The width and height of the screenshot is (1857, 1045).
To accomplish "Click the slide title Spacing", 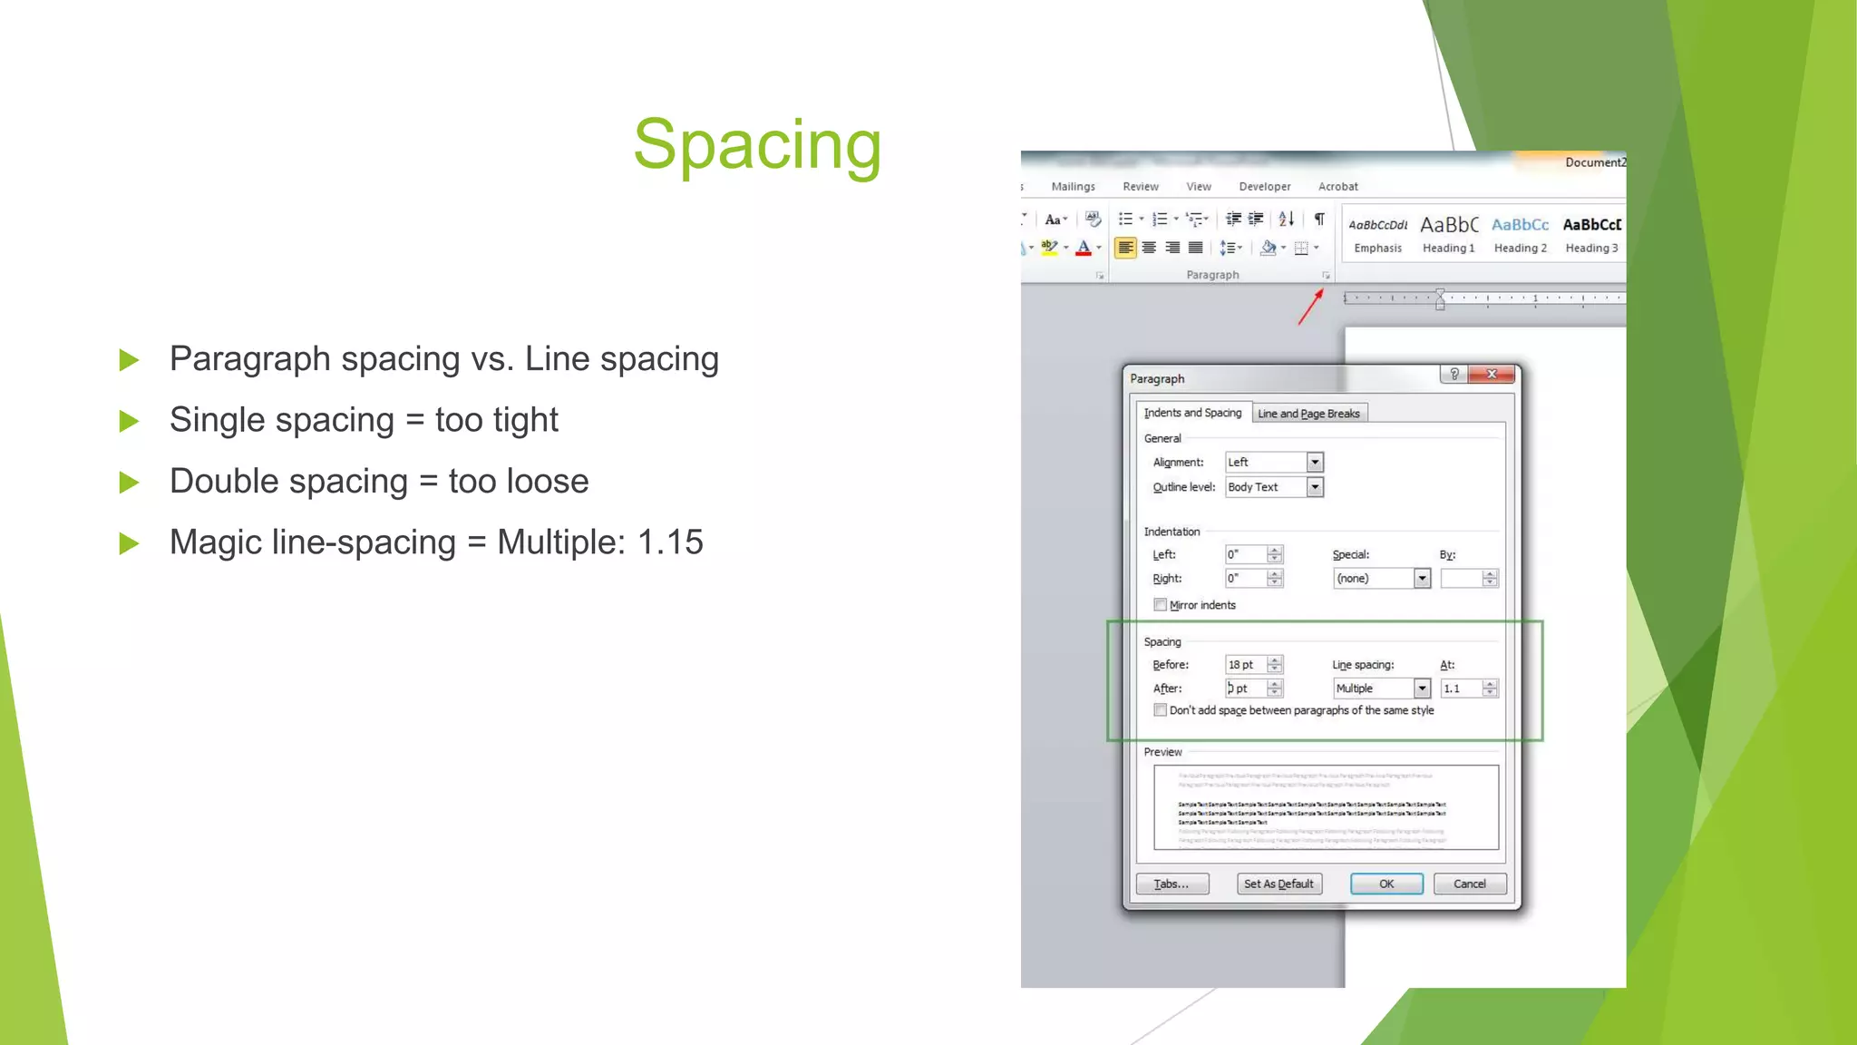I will tap(757, 145).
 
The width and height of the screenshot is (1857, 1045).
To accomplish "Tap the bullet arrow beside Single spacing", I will tap(130, 421).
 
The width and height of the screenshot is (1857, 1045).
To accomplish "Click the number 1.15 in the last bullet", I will tap(670, 542).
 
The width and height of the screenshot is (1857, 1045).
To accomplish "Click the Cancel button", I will tap(1469, 884).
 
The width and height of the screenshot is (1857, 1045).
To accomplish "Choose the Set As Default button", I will tap(1279, 884).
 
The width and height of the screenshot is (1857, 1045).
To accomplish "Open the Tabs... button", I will tap(1172, 884).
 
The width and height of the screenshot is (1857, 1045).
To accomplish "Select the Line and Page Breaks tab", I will tap(1308, 414).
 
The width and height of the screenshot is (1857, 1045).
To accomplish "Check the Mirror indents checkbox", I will tap(1160, 605).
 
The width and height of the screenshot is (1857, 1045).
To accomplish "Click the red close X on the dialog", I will tap(1492, 375).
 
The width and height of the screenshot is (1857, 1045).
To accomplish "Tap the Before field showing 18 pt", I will tap(1245, 665).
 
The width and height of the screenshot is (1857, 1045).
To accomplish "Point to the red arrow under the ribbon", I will tap(1310, 307).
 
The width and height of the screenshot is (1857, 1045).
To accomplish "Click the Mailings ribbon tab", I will tap(1073, 187).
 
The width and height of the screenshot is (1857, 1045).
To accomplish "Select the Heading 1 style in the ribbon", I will tap(1448, 234).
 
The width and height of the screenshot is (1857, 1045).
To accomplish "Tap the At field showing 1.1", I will tap(1460, 689).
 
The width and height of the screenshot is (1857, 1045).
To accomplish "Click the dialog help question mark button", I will tap(1454, 375).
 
